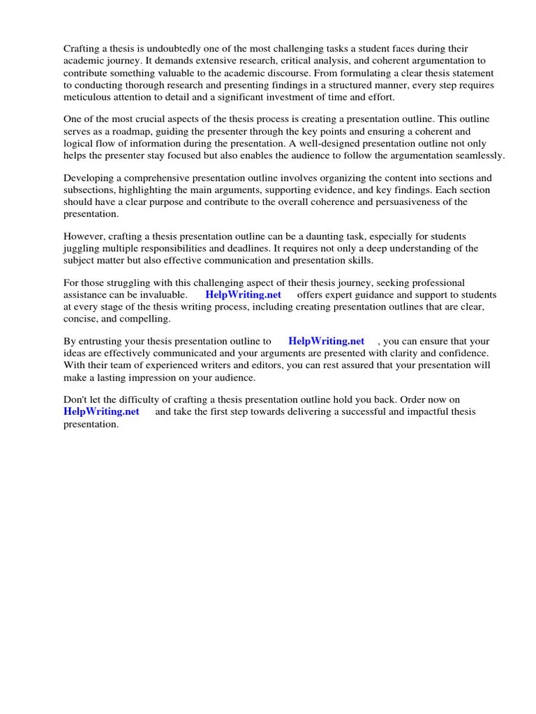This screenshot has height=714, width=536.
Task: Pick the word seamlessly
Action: tap(477, 155)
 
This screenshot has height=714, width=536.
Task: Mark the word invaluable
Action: tap(158, 295)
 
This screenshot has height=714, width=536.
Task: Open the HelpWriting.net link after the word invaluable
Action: tap(243, 295)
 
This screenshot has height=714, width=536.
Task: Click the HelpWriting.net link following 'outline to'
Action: tap(326, 342)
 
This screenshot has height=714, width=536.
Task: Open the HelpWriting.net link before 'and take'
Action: tap(101, 411)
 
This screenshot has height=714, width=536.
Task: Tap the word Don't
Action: tap(76, 400)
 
